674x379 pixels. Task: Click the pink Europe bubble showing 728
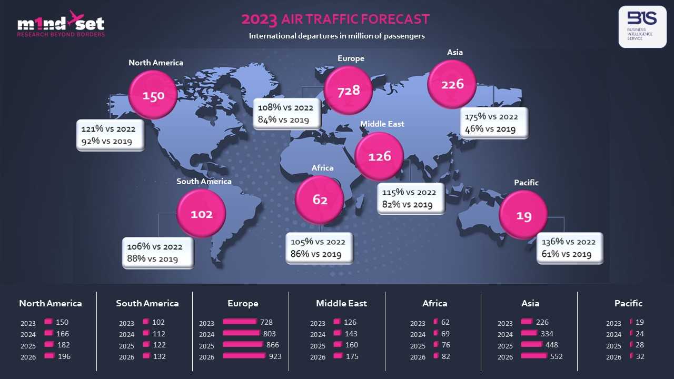point(349,91)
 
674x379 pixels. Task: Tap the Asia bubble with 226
point(452,84)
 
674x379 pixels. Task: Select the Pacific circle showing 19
point(523,215)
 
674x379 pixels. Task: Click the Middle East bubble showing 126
point(380,156)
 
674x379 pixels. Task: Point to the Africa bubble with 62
point(320,200)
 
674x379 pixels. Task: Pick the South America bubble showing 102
point(202,214)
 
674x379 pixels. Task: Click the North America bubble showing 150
point(153,95)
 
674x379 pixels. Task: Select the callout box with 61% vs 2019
point(569,248)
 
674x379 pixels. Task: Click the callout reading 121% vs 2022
point(110,135)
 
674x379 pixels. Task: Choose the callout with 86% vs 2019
point(319,248)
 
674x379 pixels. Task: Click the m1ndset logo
point(61,24)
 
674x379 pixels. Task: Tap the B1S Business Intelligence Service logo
point(642,26)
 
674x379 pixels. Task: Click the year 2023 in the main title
point(259,19)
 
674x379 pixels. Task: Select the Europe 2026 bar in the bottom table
point(244,356)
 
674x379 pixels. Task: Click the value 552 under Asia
point(556,356)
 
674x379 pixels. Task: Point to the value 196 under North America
point(64,356)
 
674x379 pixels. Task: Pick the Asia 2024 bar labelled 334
point(529,334)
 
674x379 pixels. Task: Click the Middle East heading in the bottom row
point(341,303)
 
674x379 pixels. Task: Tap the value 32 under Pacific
point(640,356)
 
